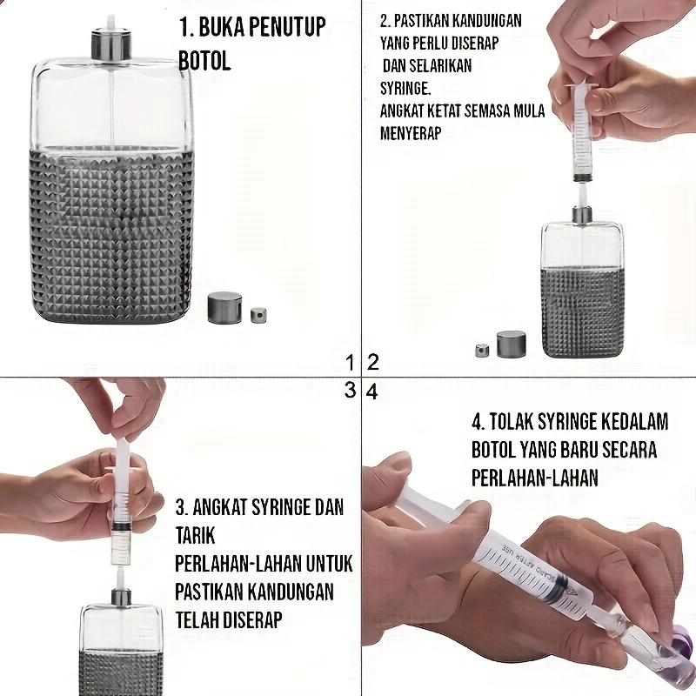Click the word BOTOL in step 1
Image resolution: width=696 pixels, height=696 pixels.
tap(205, 61)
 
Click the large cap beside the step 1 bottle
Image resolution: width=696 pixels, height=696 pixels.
tap(224, 307)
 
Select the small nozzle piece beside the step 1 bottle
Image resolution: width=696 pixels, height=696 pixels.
tap(258, 314)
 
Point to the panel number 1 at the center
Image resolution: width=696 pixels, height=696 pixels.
tap(350, 362)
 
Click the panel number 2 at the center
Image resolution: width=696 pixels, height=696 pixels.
tap(372, 362)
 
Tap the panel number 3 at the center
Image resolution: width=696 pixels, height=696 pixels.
tap(350, 391)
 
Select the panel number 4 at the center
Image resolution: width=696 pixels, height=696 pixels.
tap(372, 391)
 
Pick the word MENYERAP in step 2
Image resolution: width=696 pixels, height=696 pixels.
tap(412, 134)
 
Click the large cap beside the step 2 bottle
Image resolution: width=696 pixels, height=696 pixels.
tap(511, 344)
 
